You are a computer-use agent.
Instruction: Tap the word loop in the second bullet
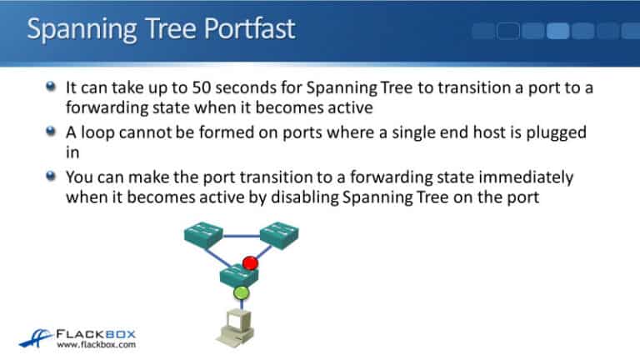(x=102, y=132)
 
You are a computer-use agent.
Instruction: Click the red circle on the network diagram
(x=250, y=263)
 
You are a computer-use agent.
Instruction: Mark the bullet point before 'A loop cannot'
(x=52, y=132)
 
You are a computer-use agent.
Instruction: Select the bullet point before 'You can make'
(x=52, y=177)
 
